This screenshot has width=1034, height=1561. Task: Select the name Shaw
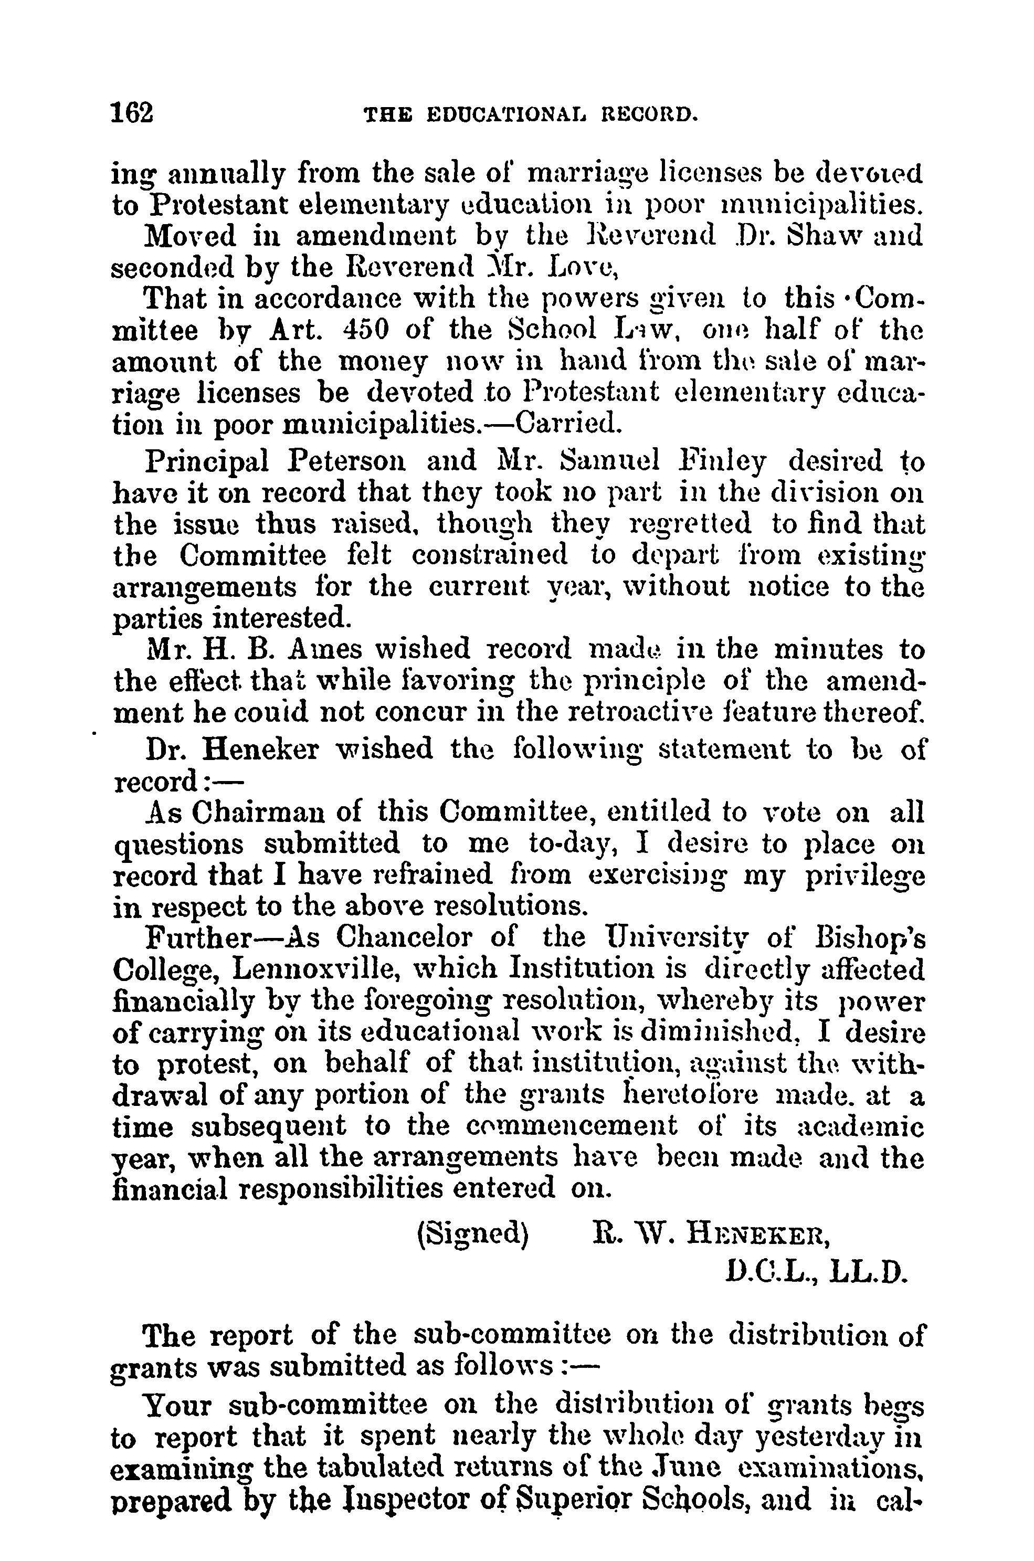[821, 236]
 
